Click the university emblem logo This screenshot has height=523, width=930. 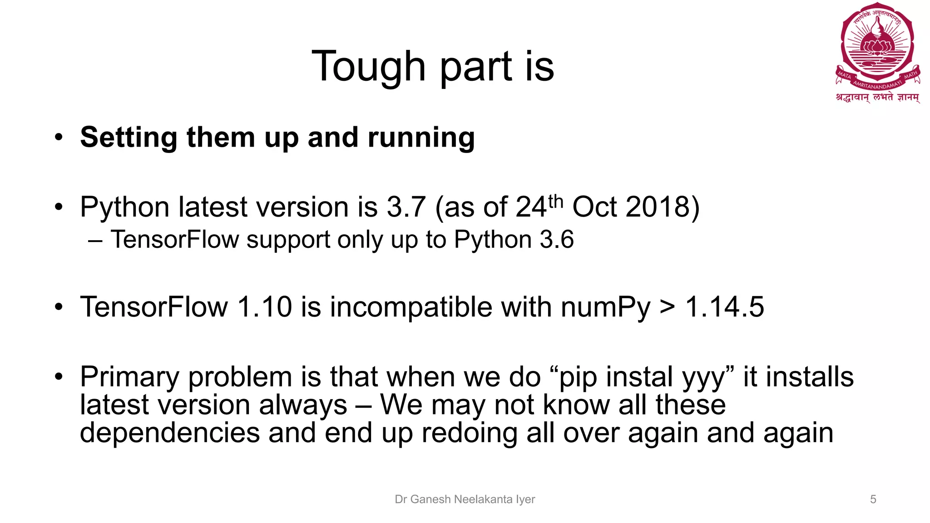coord(878,50)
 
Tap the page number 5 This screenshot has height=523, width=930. coord(873,499)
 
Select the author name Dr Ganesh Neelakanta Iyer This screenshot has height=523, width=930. coord(465,499)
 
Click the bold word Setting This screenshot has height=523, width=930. coord(129,138)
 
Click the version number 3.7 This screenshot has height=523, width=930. coord(406,207)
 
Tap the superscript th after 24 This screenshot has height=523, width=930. coord(555,201)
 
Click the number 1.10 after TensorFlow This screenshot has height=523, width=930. coord(265,307)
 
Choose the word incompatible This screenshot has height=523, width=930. coord(411,308)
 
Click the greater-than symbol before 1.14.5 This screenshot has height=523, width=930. coord(667,308)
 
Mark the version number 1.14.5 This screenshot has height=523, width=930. coord(725,307)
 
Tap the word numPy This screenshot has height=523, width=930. coord(606,308)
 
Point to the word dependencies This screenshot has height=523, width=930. coord(170,433)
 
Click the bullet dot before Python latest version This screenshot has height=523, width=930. coord(58,207)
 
